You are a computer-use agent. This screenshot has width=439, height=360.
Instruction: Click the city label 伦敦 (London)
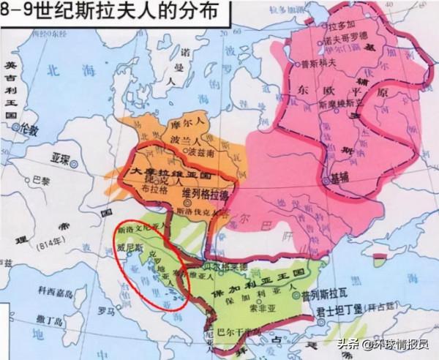pos(27,128)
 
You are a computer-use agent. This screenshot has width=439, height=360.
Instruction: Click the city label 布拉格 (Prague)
pos(152,187)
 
